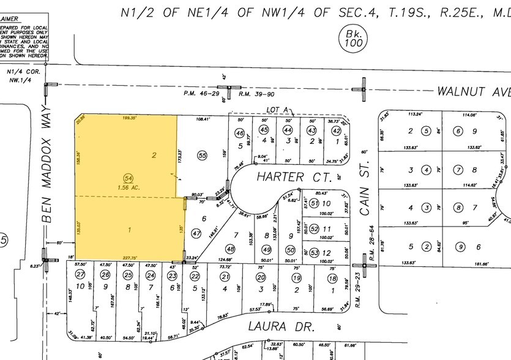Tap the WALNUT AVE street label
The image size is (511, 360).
tap(473, 91)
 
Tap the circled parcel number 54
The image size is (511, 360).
tap(129, 160)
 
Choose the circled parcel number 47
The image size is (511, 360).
tap(196, 233)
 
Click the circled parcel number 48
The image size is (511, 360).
tap(230, 249)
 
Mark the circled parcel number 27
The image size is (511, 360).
tap(79, 275)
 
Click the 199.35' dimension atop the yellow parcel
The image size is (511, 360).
tap(130, 117)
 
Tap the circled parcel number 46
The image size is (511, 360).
tap(240, 133)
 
